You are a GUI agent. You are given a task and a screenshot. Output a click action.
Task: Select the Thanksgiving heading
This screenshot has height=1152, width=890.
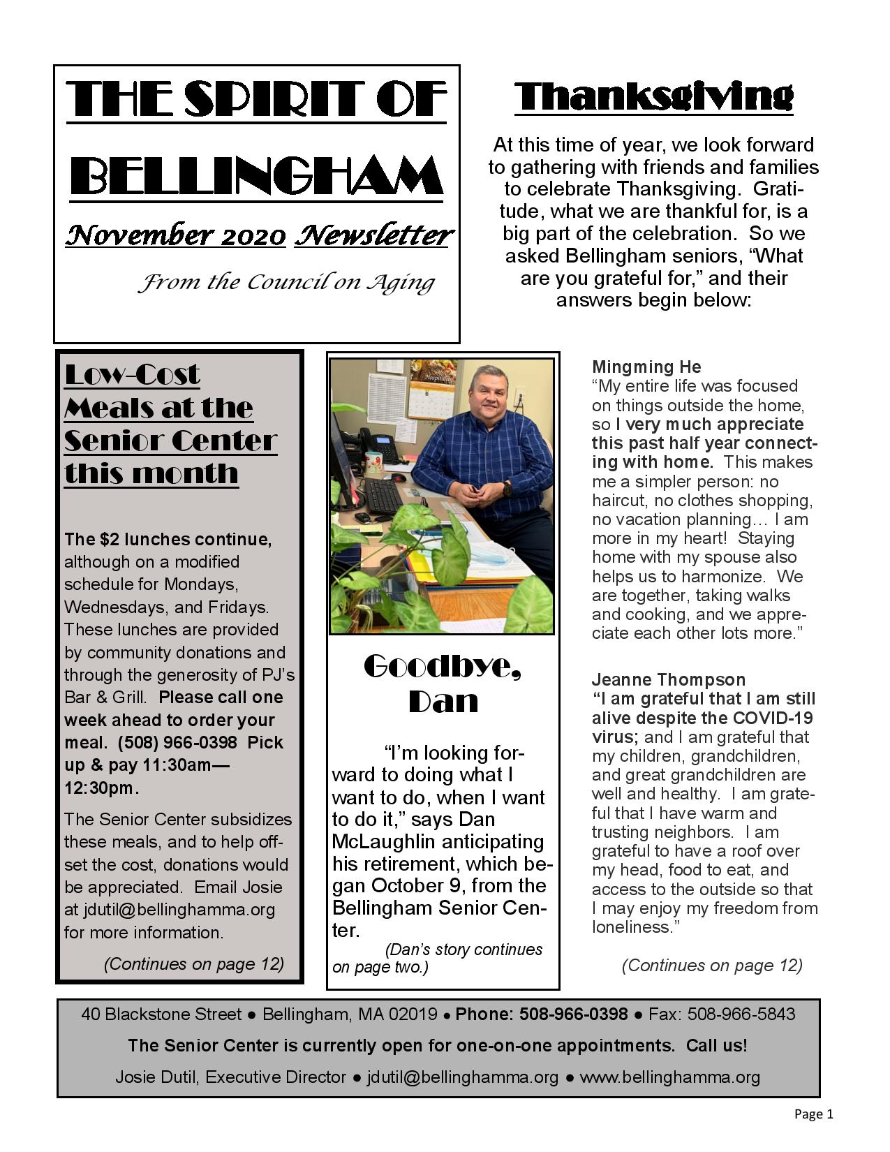tap(653, 97)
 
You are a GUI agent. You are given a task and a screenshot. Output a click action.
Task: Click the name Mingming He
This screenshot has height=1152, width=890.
tap(646, 367)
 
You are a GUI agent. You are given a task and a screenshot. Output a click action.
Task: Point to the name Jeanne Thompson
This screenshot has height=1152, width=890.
tap(668, 680)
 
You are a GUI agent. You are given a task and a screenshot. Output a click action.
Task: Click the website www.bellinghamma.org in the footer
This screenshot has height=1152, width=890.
tap(669, 1077)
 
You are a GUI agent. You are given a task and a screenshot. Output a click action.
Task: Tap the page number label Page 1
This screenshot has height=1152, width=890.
tap(813, 1114)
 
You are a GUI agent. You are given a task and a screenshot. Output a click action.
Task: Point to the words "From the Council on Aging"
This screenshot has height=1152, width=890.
tap(285, 283)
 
